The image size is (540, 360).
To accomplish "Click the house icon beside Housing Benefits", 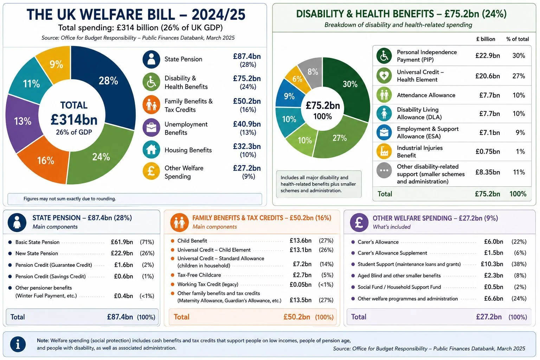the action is coord(151,149).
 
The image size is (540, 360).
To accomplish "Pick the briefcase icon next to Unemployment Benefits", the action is coord(151,127).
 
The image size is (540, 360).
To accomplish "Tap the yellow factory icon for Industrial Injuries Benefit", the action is coord(384,151).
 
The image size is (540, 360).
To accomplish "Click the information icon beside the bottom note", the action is coord(18,344).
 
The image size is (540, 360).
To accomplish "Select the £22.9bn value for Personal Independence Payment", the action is coord(488,56).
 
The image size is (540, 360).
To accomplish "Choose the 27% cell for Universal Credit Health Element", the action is coord(519,76).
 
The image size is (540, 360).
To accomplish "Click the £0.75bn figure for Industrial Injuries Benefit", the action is coord(488,152).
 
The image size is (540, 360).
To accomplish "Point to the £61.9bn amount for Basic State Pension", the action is coord(122,242).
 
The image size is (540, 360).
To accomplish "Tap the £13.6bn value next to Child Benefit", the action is coord(300,240).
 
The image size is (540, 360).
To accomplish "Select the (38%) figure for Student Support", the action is coord(519,264).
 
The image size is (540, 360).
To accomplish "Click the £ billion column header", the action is coord(486,39).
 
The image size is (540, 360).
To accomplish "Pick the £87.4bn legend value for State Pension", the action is coord(247,56).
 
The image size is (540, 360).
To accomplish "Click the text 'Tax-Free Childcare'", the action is coord(199,275).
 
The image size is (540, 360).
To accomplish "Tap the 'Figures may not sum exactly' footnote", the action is coord(70,199).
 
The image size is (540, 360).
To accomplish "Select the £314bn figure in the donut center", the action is coord(74,120).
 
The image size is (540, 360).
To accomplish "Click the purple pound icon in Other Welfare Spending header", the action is coord(359,222).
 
